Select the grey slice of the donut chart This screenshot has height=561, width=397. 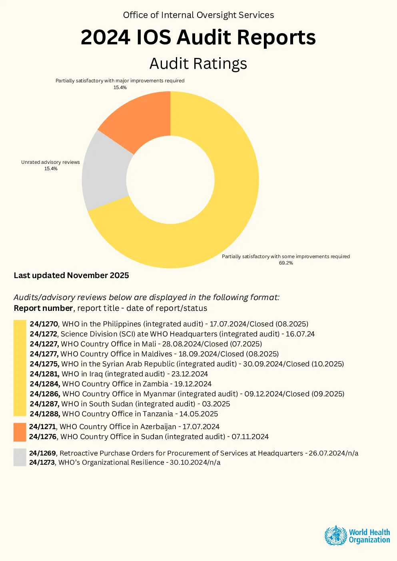tap(105, 173)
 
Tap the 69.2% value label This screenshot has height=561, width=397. tap(286, 263)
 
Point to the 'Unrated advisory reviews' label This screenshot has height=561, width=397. tap(50, 162)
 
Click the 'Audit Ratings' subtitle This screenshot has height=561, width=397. tap(198, 64)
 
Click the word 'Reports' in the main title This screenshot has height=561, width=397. tap(276, 37)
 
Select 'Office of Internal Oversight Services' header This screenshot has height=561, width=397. tap(198, 15)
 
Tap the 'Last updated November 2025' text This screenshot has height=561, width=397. tap(71, 275)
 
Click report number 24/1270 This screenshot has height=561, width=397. tap(44, 324)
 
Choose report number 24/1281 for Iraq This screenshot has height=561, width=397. tap(44, 374)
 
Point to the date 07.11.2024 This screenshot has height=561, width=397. tap(250, 437)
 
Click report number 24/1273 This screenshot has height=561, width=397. tap(42, 462)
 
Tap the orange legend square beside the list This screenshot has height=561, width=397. tap(20, 432)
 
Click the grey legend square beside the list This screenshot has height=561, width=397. tap(20, 458)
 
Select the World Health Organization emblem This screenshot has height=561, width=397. tap(335, 536)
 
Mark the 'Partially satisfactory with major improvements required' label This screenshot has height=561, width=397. tap(120, 81)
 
